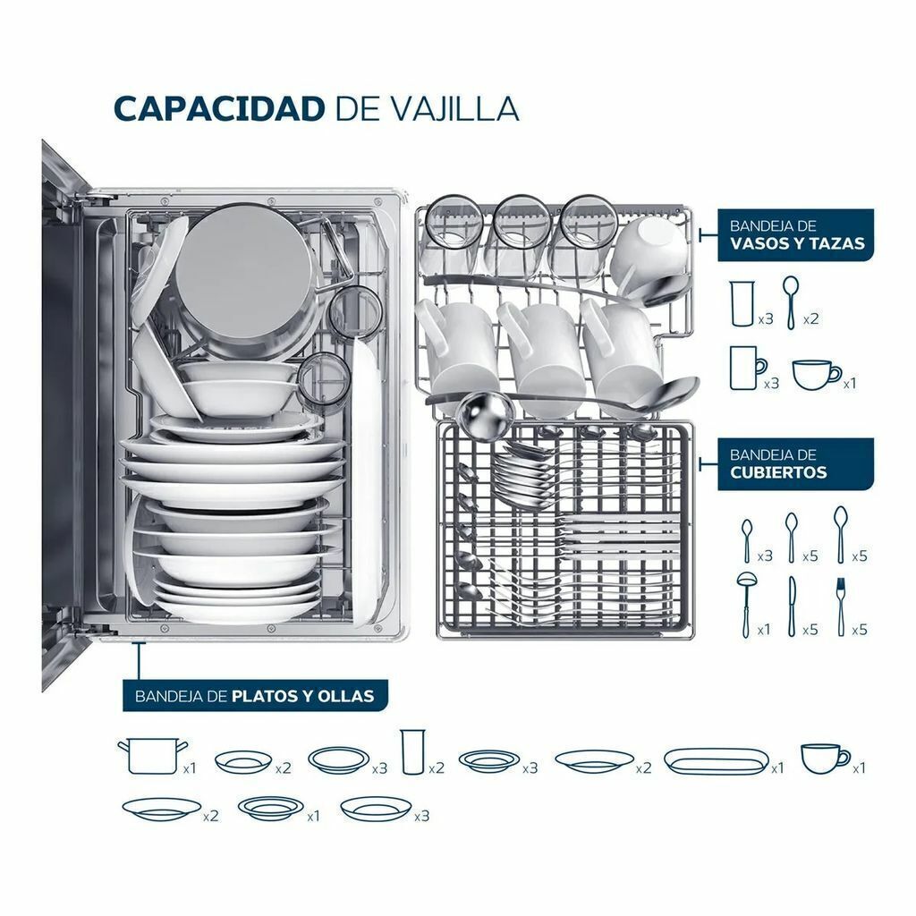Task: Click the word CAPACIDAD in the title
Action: coord(219,108)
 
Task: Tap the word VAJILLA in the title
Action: coord(454,108)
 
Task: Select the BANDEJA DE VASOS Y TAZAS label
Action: coord(795,235)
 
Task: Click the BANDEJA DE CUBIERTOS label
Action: coord(795,464)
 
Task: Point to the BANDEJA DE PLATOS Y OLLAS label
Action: coord(255,696)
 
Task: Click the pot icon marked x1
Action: coord(152,756)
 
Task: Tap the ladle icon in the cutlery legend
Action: coord(746,604)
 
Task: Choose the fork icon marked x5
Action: coord(841,606)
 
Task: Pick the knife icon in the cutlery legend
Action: coord(792,606)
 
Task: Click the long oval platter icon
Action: coord(717,762)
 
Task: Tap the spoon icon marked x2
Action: coord(791,302)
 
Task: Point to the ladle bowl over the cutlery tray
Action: coord(484,413)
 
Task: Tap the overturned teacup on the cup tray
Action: coord(648,251)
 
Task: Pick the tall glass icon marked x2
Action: coord(413,751)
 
